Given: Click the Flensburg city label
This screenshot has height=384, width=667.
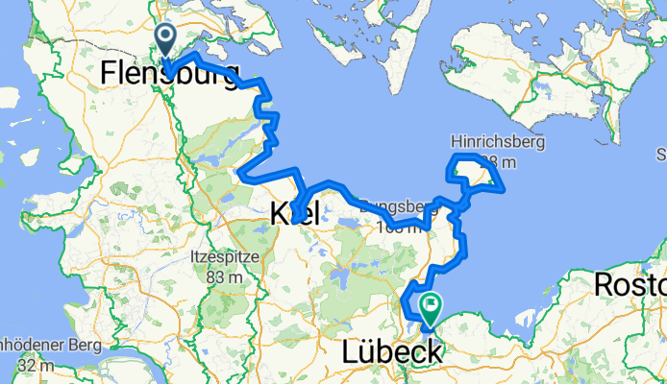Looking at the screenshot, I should pyautogui.click(x=169, y=73).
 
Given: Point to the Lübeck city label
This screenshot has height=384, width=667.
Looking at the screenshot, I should pyautogui.click(x=392, y=352).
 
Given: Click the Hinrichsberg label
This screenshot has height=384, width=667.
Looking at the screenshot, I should pyautogui.click(x=499, y=142).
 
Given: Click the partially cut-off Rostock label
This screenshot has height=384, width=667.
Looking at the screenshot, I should pyautogui.click(x=630, y=284).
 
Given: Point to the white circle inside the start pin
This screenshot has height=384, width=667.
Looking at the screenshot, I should pyautogui.click(x=165, y=37).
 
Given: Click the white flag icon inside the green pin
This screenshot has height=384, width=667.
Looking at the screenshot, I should pyautogui.click(x=431, y=305).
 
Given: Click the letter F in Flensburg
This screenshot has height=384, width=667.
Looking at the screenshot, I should pyautogui.click(x=109, y=73).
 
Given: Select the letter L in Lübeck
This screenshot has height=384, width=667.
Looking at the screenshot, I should pyautogui.click(x=350, y=352).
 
